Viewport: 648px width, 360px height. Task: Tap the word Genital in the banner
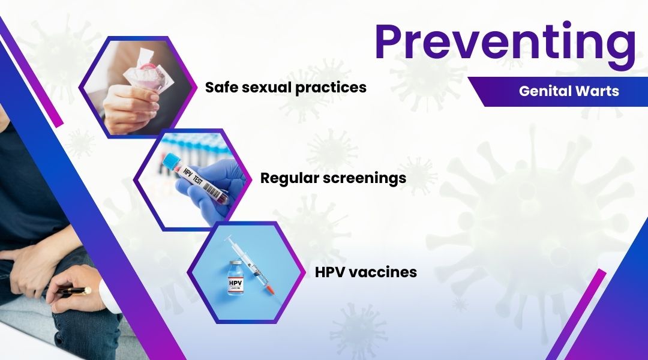coord(542,92)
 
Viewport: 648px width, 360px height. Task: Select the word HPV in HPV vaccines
coord(332,272)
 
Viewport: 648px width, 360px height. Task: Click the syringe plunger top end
coord(227,241)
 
